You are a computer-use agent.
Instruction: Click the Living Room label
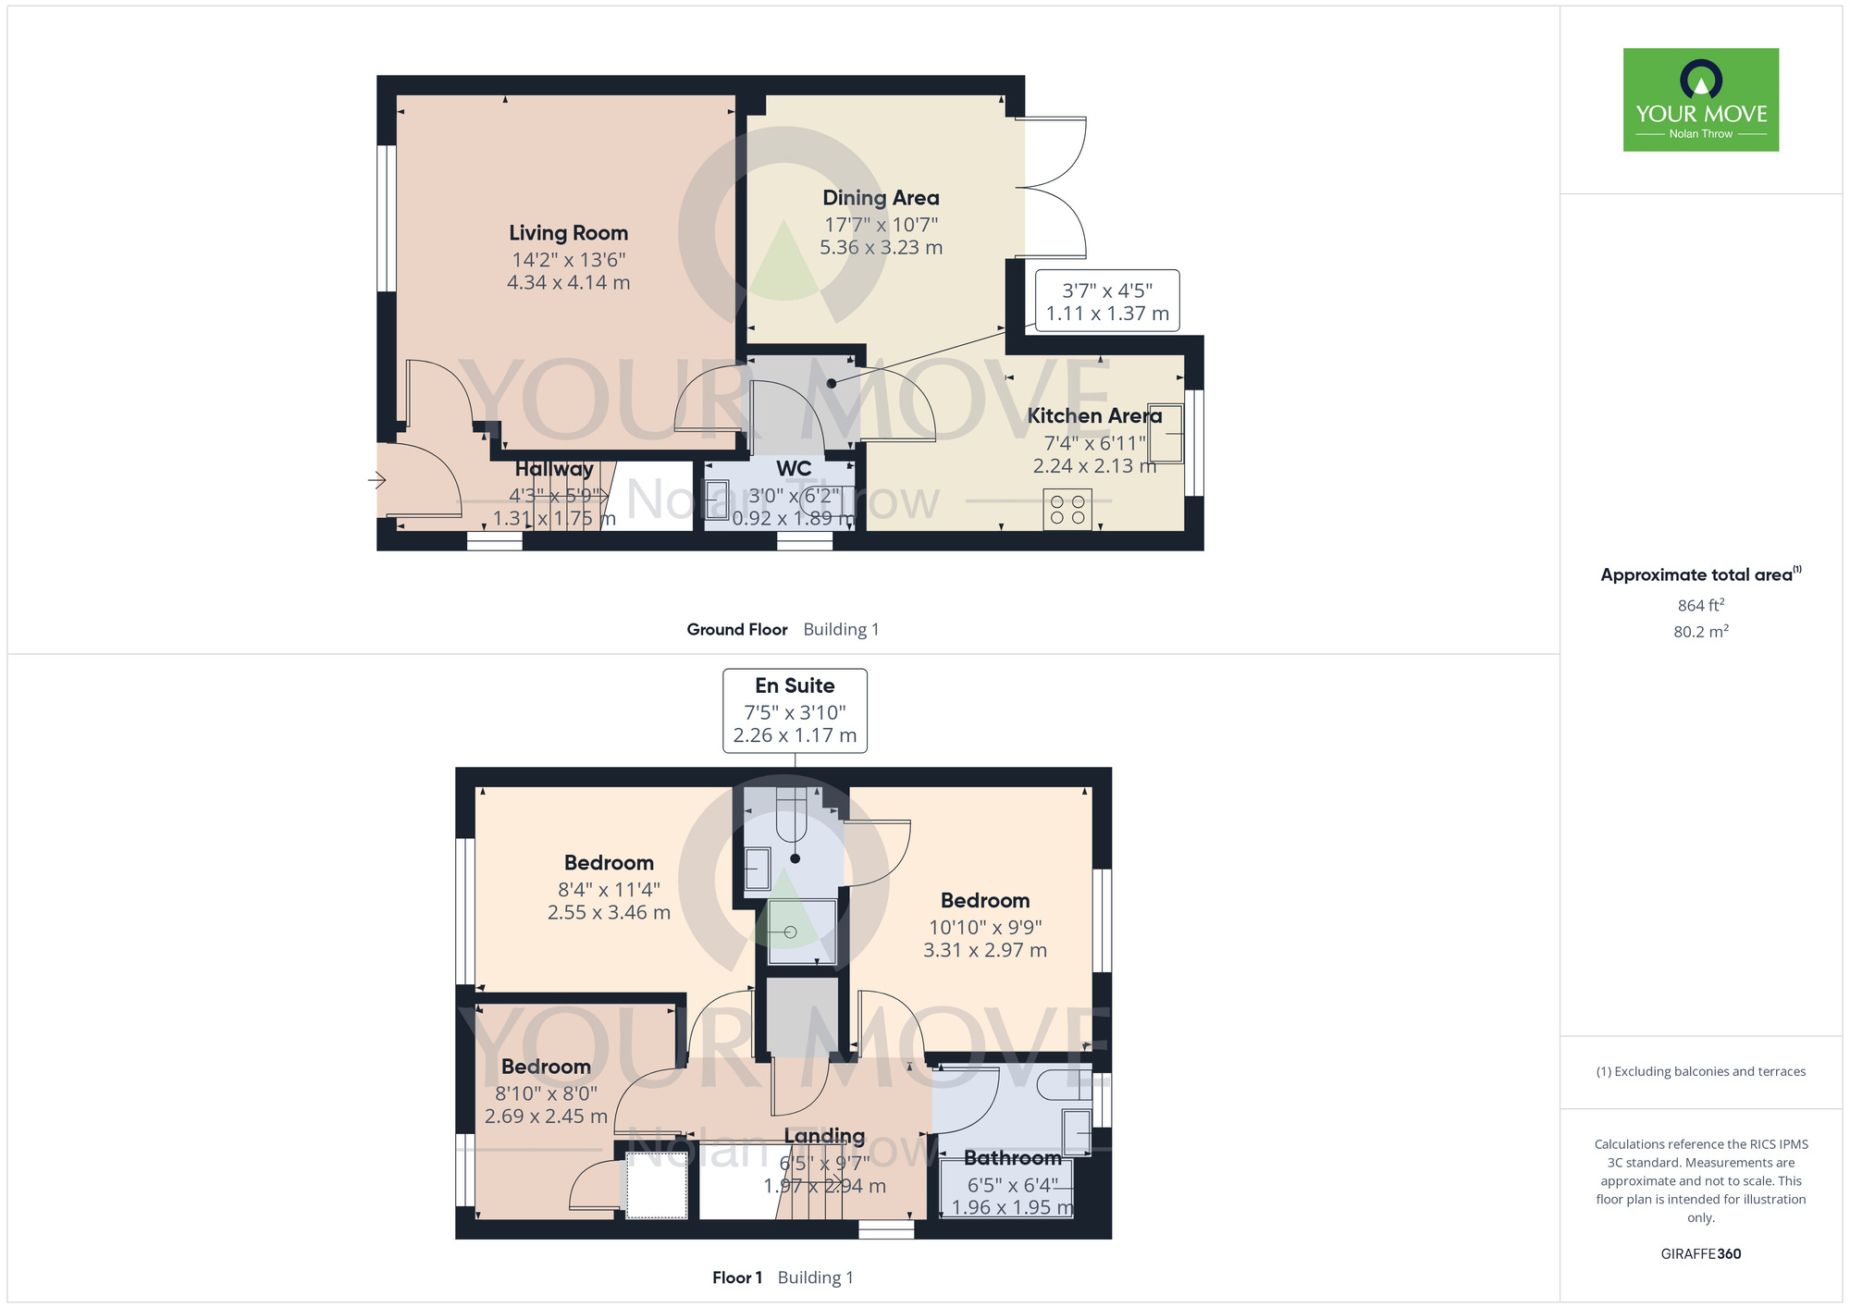[568, 233]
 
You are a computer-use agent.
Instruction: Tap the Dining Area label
[881, 198]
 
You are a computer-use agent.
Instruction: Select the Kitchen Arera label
[1094, 416]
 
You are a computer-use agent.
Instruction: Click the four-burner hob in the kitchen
[1067, 510]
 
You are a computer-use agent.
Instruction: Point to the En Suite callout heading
[795, 685]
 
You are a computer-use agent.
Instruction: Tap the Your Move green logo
[1701, 100]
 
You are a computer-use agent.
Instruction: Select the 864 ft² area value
[1701, 605]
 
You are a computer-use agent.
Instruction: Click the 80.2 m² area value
[1701, 632]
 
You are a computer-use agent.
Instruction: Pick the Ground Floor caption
[737, 629]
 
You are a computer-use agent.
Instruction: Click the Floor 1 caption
[737, 1277]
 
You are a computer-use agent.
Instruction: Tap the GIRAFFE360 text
[1701, 1254]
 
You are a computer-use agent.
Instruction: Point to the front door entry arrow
[376, 479]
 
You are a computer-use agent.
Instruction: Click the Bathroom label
[1013, 1158]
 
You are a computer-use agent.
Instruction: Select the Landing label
[824, 1136]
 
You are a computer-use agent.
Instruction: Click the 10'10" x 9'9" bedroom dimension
[985, 927]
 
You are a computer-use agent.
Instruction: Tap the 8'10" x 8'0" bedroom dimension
[546, 1093]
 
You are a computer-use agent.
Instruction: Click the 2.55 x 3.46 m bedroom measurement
[609, 913]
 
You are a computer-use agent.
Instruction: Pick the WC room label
[794, 469]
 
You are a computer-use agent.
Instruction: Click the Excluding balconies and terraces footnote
[1701, 1071]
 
